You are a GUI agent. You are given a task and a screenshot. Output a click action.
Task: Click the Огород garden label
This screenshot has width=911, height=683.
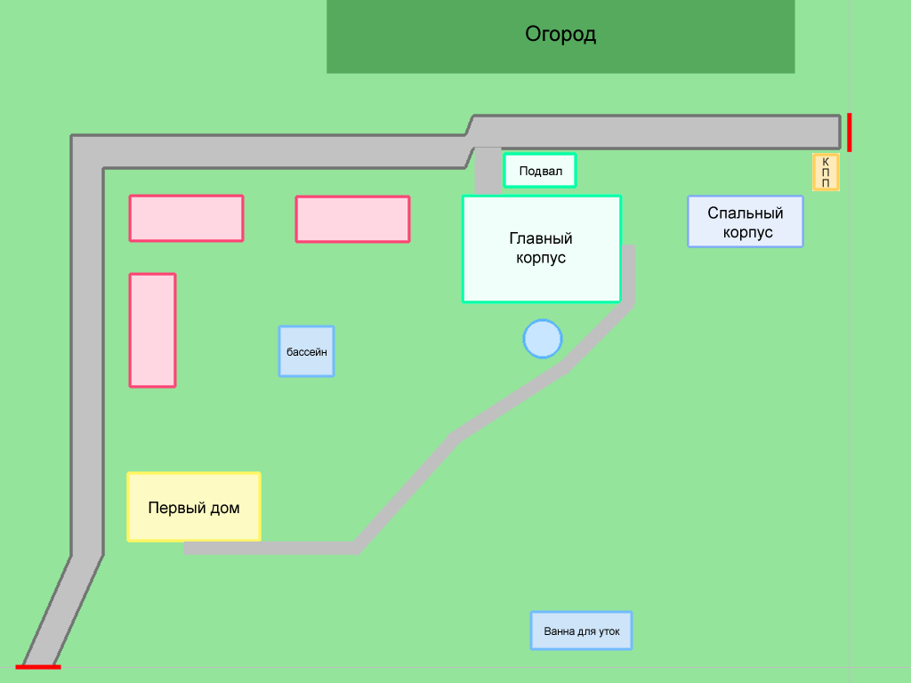click(x=560, y=36)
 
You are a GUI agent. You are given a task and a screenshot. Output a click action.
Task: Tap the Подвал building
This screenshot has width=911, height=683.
click(x=540, y=171)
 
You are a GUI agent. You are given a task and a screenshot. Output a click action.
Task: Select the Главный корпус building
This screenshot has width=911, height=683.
click(x=541, y=249)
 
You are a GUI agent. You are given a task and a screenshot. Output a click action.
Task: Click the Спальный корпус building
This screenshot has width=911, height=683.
click(x=746, y=221)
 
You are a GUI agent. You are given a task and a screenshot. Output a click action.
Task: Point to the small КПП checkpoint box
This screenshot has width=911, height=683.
click(x=826, y=172)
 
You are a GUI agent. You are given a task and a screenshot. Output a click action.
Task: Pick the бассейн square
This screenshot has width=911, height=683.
click(x=306, y=351)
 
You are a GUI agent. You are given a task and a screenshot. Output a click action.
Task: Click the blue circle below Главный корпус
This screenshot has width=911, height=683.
click(x=543, y=339)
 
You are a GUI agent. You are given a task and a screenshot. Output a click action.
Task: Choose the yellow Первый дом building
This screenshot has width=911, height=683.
click(x=194, y=507)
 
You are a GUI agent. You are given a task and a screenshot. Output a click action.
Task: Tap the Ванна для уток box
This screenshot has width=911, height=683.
click(x=581, y=631)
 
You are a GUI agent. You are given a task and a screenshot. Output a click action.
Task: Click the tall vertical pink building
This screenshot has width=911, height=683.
click(x=152, y=330)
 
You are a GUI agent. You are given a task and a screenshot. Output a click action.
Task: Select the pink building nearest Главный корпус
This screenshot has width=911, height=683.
click(x=352, y=219)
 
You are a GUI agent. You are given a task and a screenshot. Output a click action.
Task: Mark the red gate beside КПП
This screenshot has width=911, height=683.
click(x=850, y=133)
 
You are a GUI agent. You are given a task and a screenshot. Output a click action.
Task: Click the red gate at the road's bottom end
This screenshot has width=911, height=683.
click(x=38, y=666)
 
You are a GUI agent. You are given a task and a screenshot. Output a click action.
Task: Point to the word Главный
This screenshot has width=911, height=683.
click(x=541, y=238)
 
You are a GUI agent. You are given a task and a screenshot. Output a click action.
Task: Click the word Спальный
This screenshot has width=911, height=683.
click(x=746, y=213)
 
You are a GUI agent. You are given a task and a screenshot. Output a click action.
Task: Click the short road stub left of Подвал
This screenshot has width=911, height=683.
click(x=488, y=169)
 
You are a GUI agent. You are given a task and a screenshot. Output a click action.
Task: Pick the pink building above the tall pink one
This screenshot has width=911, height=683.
click(x=186, y=218)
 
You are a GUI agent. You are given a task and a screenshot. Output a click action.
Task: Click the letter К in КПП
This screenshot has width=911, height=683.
click(x=826, y=161)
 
